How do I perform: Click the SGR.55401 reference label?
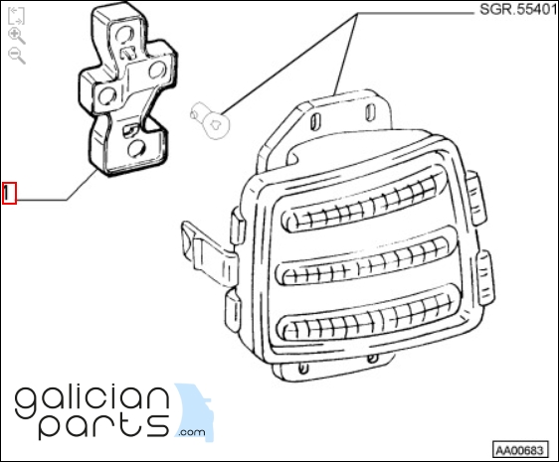point(518,10)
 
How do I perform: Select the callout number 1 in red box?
point(9,194)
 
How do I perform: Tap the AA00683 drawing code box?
point(520,450)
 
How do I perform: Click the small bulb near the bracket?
point(210,120)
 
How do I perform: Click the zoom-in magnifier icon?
point(16,35)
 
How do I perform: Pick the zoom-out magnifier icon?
point(16,56)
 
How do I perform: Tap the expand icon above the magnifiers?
point(16,16)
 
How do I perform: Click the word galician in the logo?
point(92,402)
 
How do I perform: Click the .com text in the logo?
point(192,432)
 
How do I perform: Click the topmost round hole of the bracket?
point(124,35)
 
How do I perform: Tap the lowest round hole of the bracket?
point(136,149)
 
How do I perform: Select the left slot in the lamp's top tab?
point(314,121)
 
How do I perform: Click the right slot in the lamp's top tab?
point(370,111)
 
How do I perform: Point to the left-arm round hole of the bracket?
point(107,95)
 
